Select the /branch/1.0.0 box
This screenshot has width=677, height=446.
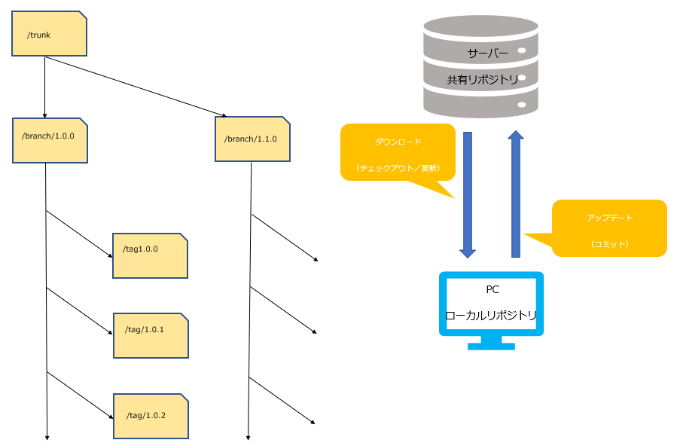point(50,139)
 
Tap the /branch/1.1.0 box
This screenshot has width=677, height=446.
point(252,139)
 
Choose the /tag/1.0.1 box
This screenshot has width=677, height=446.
point(150,335)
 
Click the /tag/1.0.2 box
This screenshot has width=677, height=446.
point(150,416)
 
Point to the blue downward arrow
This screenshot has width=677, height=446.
point(468,194)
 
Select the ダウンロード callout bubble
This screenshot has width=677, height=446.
point(398,153)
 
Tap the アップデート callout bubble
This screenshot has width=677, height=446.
point(609,228)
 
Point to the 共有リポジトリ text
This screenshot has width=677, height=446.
point(483,79)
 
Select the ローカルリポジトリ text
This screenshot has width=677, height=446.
point(491,315)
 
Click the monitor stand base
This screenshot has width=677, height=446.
point(491,346)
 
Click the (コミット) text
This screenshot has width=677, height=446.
point(609,244)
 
